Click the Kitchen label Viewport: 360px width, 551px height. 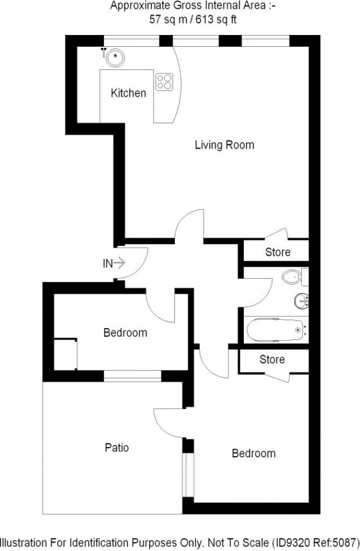tap(129, 93)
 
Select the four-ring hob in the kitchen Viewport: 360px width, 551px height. tap(165, 81)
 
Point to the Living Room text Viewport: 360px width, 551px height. tap(224, 145)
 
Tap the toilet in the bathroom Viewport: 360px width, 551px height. tap(294, 277)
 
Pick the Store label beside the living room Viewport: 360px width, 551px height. tap(278, 252)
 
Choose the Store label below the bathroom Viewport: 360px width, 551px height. tap(272, 359)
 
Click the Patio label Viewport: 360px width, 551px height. tap(117, 448)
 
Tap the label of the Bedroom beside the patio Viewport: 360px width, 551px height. tap(254, 453)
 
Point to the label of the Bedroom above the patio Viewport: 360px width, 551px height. tap(125, 333)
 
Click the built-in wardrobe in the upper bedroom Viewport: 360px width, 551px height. tap(65, 353)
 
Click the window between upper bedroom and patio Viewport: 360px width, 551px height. tap(132, 377)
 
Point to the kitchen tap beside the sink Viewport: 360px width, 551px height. tap(104, 51)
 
